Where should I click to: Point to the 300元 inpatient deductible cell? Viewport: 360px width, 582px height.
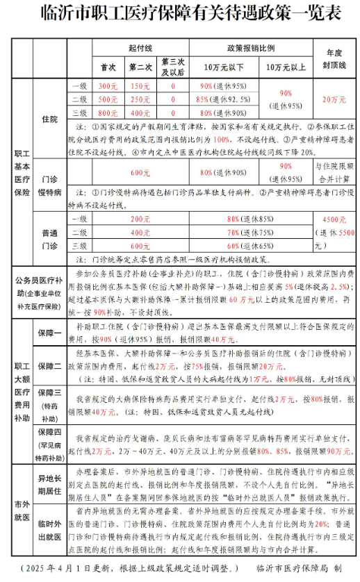point(108,86)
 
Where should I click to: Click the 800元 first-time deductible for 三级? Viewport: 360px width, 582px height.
point(108,113)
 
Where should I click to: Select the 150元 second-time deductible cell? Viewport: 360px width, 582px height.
point(141,86)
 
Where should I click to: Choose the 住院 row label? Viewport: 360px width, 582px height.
point(50,119)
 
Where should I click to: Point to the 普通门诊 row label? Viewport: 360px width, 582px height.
point(50,238)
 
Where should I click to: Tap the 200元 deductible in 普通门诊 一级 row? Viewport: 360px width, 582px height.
point(140,219)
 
